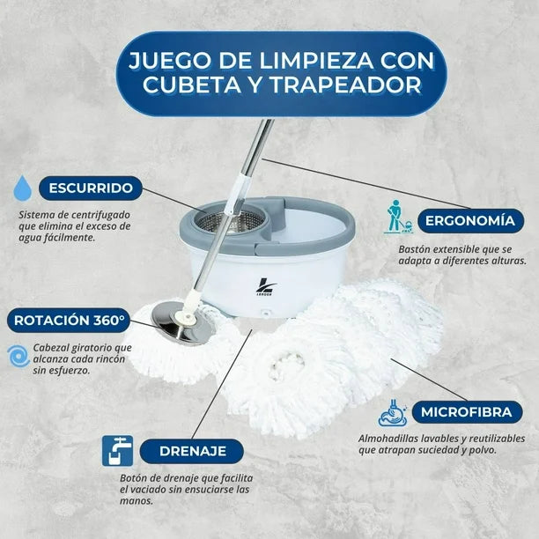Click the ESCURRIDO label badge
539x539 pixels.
pos(91,188)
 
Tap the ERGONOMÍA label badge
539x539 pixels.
pos(470,221)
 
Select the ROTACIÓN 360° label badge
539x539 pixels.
pos(69,321)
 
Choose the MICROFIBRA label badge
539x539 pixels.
pos(467,412)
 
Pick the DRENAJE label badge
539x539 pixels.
pos(192,451)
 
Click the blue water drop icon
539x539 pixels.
pos(23,188)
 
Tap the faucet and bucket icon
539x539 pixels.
pos(117,451)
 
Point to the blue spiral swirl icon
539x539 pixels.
pos(18,356)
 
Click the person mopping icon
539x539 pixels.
pos(398,217)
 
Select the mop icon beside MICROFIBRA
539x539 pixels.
pos(393,413)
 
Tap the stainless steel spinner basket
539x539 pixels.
pos(231,220)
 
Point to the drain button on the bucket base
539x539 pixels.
pos(265,314)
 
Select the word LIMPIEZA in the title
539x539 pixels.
pos(316,61)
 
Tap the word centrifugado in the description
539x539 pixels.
pos(100,215)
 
